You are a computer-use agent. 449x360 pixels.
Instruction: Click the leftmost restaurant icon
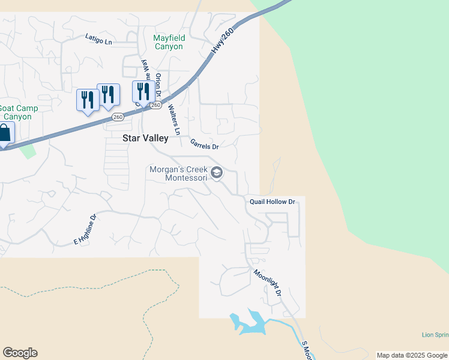[x=88, y=100]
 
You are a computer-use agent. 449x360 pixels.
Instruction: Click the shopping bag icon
[x=4, y=134]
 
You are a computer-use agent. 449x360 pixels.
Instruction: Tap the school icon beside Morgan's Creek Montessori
[x=217, y=174]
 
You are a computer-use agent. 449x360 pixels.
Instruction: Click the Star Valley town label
[x=145, y=138]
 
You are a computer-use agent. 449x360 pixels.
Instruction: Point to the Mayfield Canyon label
[x=169, y=42]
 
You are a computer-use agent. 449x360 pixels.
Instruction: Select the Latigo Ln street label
[x=98, y=40]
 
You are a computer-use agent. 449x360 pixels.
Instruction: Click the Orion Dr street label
[x=158, y=85]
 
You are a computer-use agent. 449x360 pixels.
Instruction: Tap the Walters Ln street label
[x=173, y=119]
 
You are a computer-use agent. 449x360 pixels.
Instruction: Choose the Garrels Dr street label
[x=204, y=144]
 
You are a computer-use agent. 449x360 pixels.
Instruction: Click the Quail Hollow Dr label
[x=273, y=202]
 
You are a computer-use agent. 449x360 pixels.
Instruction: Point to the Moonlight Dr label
[x=267, y=283]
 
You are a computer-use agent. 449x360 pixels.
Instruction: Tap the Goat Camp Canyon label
[x=18, y=112]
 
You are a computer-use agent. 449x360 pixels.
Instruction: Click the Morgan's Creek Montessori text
[x=178, y=173]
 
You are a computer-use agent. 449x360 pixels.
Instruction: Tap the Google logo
[x=20, y=353]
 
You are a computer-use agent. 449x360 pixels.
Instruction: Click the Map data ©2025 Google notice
[x=412, y=355]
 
